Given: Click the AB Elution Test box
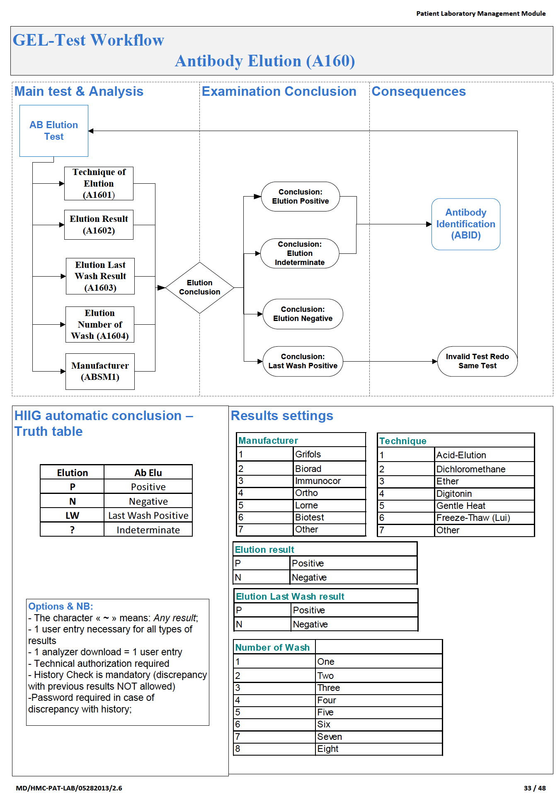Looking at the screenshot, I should [54, 131].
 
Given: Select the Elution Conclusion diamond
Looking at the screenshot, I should [199, 287].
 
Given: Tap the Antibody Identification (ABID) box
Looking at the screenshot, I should [465, 224].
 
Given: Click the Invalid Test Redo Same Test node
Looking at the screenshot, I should [477, 361].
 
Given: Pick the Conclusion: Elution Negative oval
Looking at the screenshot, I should [303, 314].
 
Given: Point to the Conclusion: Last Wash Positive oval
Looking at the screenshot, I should [303, 361].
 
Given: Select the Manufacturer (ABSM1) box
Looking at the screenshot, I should [100, 371].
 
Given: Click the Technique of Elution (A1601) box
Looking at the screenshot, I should [99, 183].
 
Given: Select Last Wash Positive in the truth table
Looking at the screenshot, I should [148, 515].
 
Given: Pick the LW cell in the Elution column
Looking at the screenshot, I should [72, 515].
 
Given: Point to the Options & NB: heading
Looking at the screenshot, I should [61, 606].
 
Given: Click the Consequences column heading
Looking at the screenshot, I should [418, 91].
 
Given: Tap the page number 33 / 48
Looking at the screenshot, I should [534, 788].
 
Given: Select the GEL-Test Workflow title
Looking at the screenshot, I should [88, 40].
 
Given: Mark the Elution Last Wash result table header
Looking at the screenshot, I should [290, 596].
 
